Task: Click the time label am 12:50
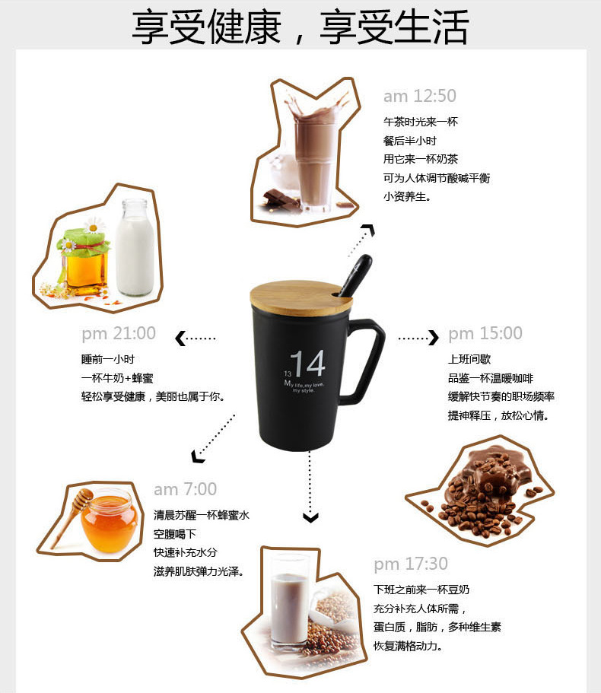(419, 96)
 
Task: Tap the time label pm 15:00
(485, 333)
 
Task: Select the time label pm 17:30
(411, 564)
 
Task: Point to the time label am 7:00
(185, 489)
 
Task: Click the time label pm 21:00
(119, 333)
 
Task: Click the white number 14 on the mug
(307, 364)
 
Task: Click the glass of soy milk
(290, 601)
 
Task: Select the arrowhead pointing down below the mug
(310, 518)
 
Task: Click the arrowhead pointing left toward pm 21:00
(180, 339)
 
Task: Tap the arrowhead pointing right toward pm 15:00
(434, 337)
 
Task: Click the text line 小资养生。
(407, 196)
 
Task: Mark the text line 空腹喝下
(175, 533)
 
